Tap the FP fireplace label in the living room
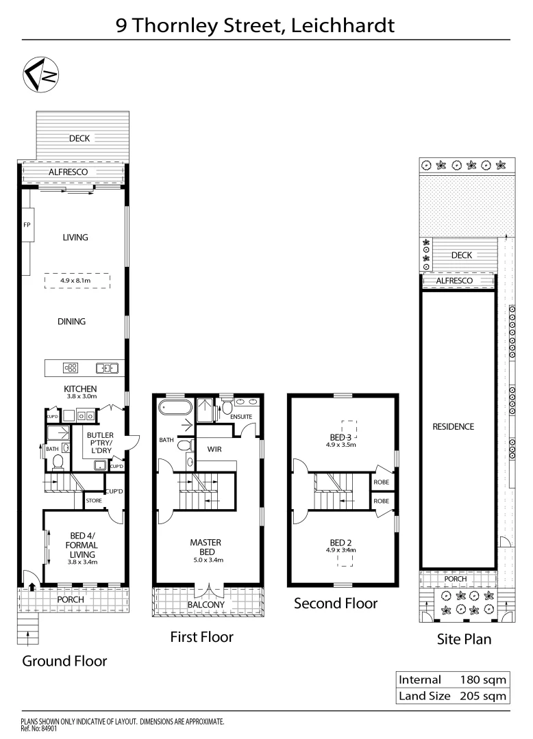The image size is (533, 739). point(27,224)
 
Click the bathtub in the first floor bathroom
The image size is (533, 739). point(176,409)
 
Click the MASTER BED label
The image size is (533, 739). point(206,547)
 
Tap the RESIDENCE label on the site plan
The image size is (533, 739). point(453,426)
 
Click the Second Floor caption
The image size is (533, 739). point(336,603)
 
